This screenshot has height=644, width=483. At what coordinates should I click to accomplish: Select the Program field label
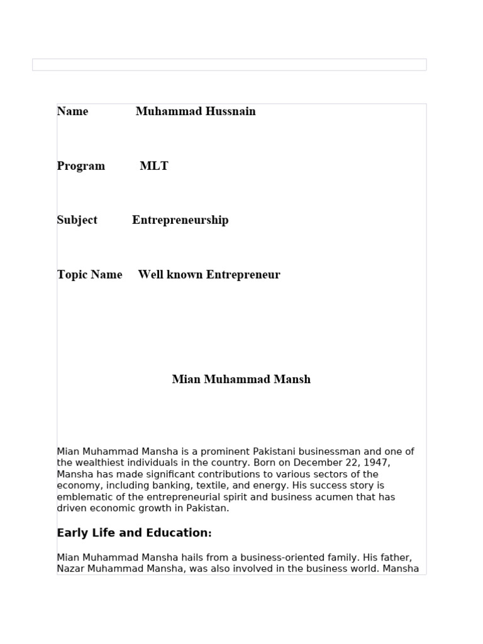[x=80, y=166]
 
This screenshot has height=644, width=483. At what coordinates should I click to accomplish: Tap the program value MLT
[x=154, y=166]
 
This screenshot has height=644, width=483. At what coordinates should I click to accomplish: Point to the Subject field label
[x=77, y=220]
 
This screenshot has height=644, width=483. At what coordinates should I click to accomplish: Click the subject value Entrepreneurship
[x=180, y=220]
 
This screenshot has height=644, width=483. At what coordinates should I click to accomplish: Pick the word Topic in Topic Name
[x=72, y=275]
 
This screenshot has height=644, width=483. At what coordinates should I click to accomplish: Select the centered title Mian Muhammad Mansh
[x=241, y=379]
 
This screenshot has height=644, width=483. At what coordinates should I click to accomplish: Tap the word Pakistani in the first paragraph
[x=275, y=452]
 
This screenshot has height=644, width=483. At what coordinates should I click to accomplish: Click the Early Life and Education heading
[x=134, y=533]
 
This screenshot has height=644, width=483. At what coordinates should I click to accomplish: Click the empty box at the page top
[x=229, y=65]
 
